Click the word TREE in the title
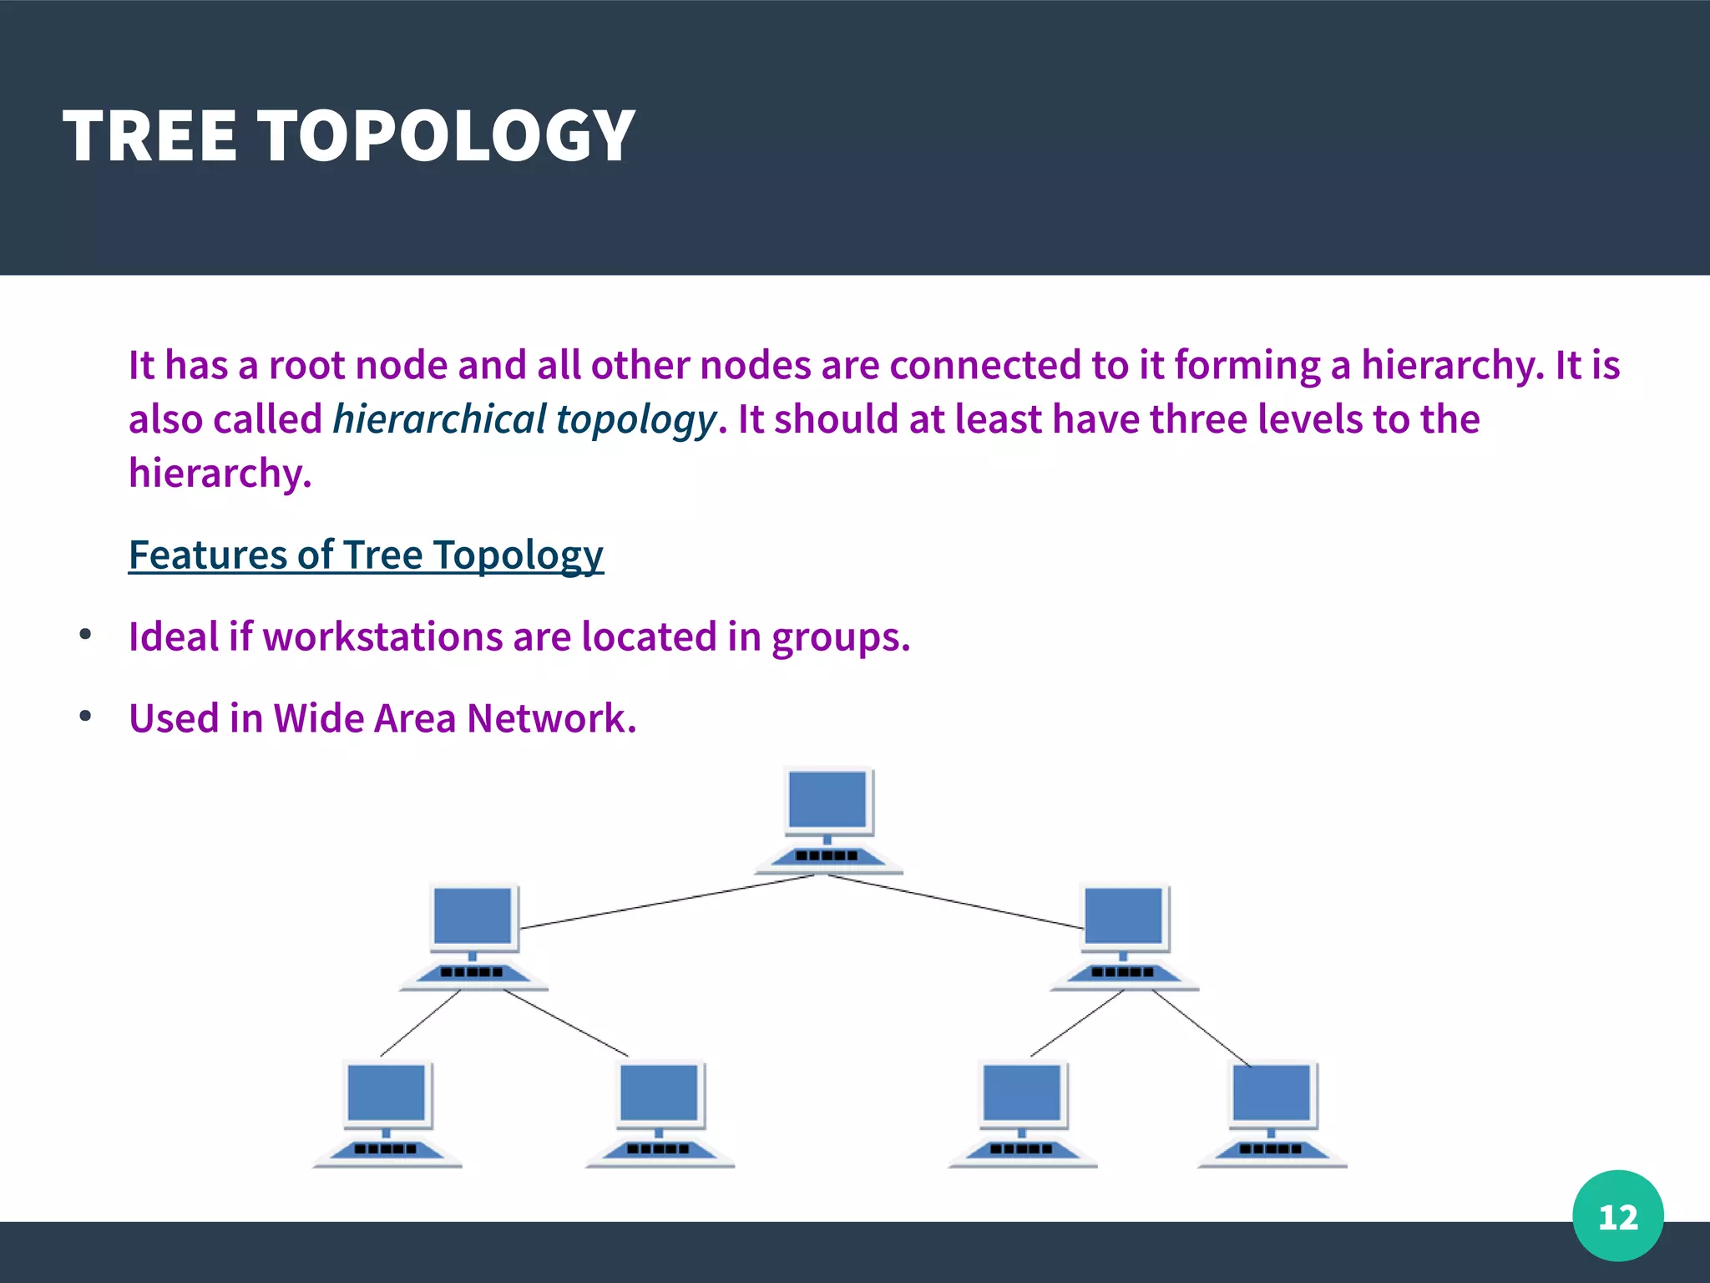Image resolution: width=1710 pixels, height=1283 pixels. tap(150, 136)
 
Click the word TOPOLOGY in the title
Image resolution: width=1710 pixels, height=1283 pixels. tap(447, 136)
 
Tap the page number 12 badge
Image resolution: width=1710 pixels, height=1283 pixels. tap(1617, 1216)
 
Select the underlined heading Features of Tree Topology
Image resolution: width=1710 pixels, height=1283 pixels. tap(366, 555)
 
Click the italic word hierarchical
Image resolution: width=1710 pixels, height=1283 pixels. tap(439, 419)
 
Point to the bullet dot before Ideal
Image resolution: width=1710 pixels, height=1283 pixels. tap(85, 636)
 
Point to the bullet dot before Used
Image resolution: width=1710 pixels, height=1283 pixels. tap(85, 717)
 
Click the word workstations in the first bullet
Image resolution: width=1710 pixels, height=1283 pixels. tap(383, 636)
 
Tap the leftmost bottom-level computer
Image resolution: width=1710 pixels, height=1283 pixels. tap(387, 1113)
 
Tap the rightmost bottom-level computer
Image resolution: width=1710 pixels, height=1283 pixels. tap(1272, 1113)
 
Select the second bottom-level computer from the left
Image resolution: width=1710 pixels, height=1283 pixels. tap(660, 1113)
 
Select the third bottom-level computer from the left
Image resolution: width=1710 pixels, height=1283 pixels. tap(1022, 1113)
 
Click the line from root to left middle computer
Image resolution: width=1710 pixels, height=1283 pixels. tap(668, 901)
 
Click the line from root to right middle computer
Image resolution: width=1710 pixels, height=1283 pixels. tap(956, 902)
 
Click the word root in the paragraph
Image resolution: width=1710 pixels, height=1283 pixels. tap(306, 366)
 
